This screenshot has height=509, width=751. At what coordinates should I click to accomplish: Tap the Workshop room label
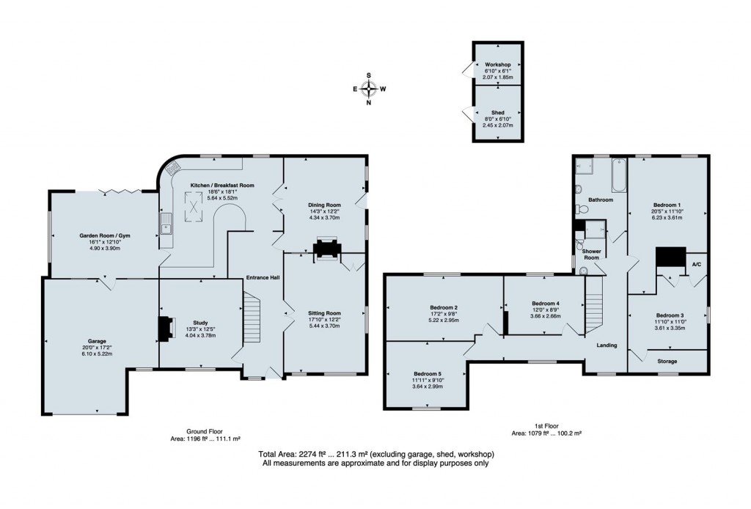[x=498, y=65]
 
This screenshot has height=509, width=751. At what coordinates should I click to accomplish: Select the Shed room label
[x=498, y=114]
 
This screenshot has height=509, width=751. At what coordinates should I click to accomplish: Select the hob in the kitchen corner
[x=173, y=169]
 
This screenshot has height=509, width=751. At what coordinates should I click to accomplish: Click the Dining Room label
[x=324, y=205]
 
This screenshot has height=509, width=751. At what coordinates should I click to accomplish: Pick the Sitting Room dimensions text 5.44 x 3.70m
[x=323, y=326]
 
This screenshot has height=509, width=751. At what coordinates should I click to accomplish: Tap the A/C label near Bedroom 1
[x=695, y=265]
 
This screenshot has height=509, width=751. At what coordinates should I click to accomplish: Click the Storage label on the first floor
[x=667, y=361]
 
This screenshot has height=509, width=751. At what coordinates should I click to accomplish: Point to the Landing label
[x=607, y=345]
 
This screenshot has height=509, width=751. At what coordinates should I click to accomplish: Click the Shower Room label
[x=591, y=254]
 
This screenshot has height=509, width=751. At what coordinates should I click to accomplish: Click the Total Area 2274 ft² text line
[x=375, y=454]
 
